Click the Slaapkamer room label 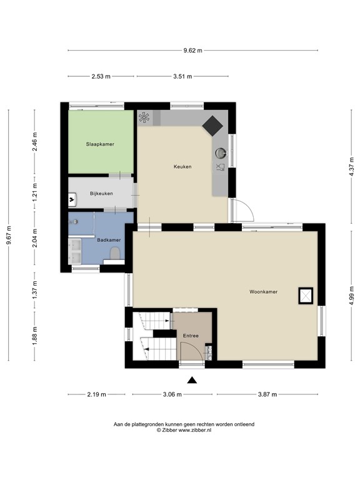point(100,144)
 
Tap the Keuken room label point(182,167)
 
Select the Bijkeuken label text point(101,193)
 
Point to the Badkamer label point(109,239)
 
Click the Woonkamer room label point(263,292)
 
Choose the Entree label point(191,336)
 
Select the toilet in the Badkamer point(115,253)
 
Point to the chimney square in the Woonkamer point(306,294)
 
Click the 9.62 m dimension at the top point(192,51)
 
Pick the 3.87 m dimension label point(267,394)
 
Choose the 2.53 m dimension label point(100,76)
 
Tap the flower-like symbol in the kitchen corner point(144,117)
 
